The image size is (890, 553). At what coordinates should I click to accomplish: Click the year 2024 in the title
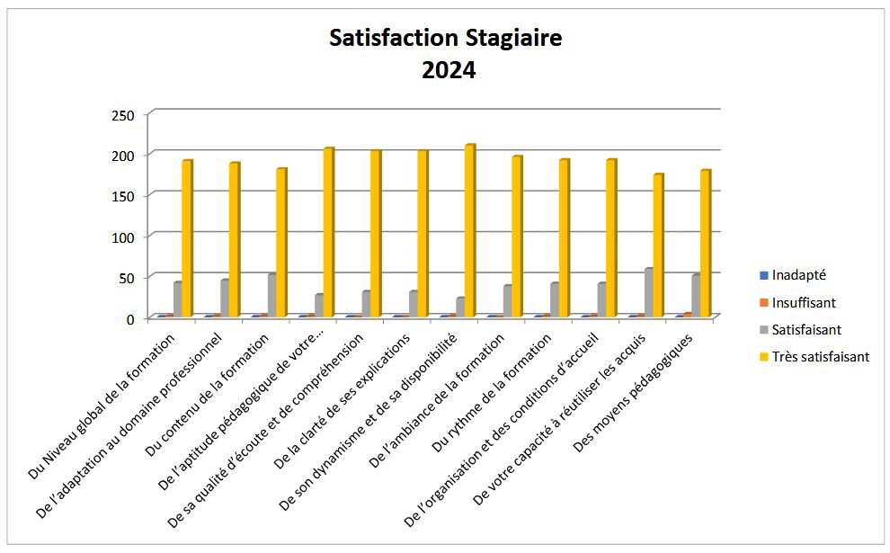(449, 70)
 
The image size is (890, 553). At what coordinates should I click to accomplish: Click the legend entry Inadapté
(799, 275)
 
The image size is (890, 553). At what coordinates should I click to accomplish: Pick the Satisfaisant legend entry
(806, 330)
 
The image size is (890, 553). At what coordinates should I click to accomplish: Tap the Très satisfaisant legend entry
(820, 357)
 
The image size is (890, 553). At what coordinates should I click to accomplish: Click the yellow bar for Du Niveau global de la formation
(187, 238)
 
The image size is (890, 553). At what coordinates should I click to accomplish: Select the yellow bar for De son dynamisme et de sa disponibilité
(469, 230)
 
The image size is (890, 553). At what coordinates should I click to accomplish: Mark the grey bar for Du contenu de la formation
(271, 295)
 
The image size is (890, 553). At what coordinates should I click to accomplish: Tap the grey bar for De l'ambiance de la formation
(507, 301)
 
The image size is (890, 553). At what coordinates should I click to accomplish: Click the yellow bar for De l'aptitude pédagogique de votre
(328, 232)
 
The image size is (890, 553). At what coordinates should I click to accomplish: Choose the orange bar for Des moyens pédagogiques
(688, 315)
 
